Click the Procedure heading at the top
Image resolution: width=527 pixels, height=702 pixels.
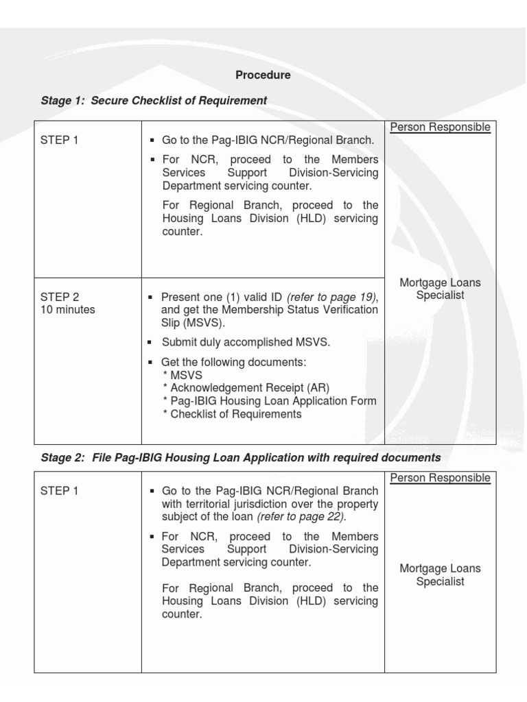click(x=263, y=75)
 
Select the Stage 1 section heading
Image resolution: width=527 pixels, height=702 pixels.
click(x=154, y=101)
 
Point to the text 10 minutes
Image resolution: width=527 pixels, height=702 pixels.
click(x=68, y=309)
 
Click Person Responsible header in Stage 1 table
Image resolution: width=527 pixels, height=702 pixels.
click(x=441, y=127)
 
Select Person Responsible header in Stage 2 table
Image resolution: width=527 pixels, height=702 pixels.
click(x=441, y=478)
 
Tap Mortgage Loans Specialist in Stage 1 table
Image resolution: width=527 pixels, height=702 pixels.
click(x=441, y=289)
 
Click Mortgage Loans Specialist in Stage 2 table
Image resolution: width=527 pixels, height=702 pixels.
click(x=441, y=575)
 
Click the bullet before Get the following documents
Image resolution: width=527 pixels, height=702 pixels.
click(x=150, y=362)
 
